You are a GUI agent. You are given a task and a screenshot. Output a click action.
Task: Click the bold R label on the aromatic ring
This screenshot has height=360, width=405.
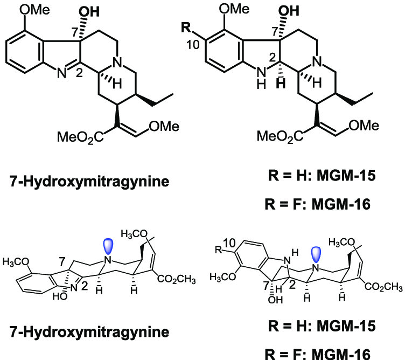(x=185, y=27)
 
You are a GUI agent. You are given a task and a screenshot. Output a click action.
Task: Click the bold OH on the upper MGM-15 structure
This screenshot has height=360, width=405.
(x=289, y=11)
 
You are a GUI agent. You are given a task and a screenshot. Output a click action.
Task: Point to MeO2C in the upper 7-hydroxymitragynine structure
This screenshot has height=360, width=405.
(x=80, y=137)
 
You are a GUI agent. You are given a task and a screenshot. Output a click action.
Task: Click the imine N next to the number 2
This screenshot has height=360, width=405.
(x=61, y=73)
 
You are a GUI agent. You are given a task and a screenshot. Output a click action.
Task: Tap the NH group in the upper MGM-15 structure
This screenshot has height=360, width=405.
(x=261, y=77)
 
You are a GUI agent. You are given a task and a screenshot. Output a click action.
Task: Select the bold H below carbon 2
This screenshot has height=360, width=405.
(x=281, y=84)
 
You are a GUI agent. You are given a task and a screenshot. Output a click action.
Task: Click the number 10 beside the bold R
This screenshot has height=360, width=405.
(x=193, y=45)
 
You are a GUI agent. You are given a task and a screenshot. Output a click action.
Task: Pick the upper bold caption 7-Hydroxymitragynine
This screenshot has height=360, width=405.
(x=89, y=182)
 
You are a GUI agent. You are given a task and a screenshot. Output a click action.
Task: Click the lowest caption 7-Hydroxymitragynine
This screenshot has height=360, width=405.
(x=89, y=332)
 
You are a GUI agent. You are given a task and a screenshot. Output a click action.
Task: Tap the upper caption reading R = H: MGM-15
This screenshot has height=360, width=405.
(x=322, y=176)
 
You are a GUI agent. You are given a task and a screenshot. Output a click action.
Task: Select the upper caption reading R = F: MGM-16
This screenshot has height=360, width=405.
(x=318, y=204)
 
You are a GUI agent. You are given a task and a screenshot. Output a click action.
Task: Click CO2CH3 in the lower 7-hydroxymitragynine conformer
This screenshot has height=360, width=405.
(x=177, y=279)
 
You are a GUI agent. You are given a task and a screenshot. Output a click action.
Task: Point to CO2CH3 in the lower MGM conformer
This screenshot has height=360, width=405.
(x=384, y=287)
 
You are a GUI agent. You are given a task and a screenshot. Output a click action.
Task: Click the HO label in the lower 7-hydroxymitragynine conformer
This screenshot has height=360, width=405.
(x=60, y=296)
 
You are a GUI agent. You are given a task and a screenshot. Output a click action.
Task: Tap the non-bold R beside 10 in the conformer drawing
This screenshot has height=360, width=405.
(x=219, y=250)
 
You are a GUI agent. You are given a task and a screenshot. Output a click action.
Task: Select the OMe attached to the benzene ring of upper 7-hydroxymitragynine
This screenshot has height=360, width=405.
(x=35, y=10)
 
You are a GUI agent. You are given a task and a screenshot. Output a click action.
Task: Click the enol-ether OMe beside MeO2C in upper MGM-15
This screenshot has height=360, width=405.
(x=364, y=126)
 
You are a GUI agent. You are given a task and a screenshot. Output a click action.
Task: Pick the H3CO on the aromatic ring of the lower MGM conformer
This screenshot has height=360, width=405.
(x=222, y=278)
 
